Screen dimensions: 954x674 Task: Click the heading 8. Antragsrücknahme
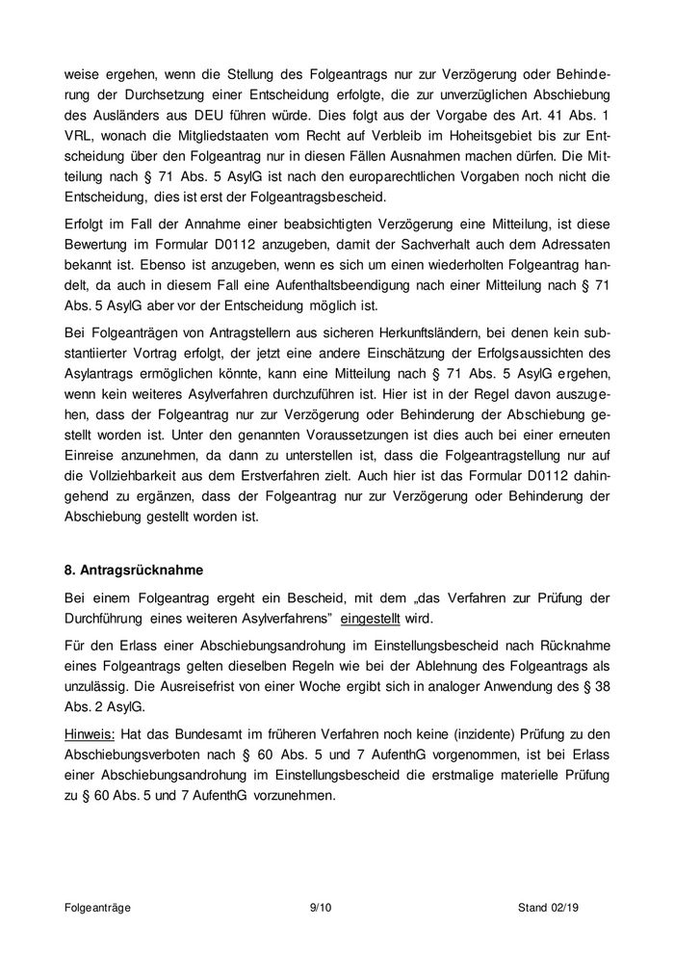(135, 569)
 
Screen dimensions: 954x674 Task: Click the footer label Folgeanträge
(98, 908)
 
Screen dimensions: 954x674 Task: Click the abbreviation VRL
(80, 141)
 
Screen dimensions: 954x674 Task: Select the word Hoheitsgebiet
(464, 141)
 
